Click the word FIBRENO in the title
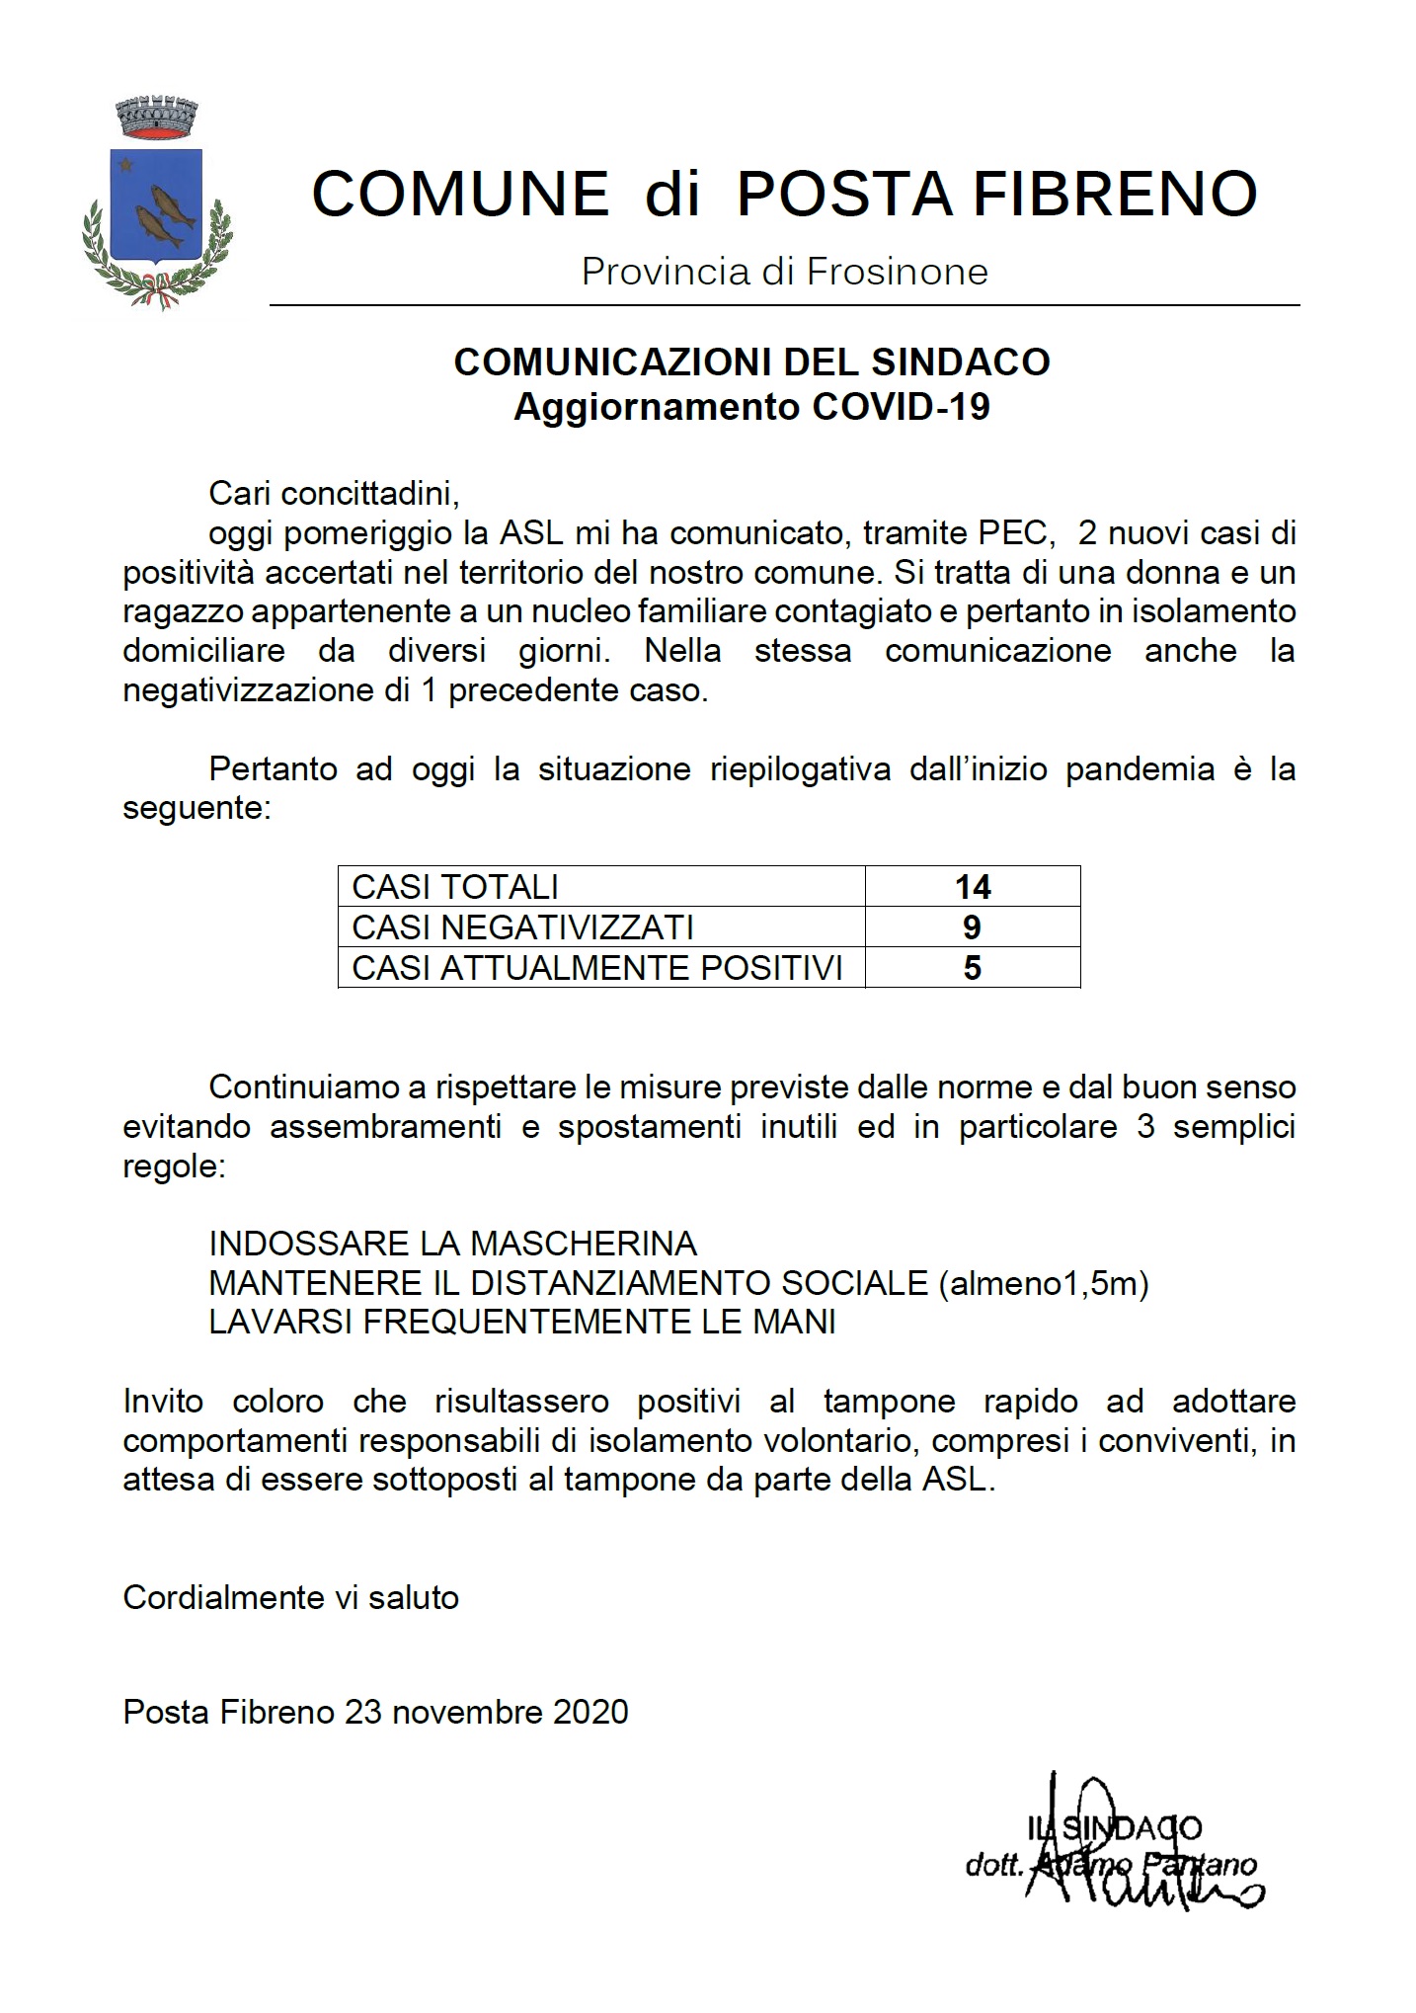pos(1116,194)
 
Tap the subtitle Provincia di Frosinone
pos(784,272)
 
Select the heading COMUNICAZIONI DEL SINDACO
pos(751,362)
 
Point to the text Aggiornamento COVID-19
pos(751,407)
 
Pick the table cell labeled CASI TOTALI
pos(455,887)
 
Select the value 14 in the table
pos(973,887)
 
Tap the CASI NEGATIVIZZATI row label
pos(522,927)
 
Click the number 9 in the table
pos(972,927)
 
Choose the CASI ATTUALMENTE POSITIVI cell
pos(597,968)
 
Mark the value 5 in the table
pos(972,968)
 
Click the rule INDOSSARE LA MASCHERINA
pos(452,1243)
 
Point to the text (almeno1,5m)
pos(1044,1283)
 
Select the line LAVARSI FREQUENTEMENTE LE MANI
pos(522,1322)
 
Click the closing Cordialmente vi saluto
pos(290,1597)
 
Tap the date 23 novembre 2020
pos(486,1712)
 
